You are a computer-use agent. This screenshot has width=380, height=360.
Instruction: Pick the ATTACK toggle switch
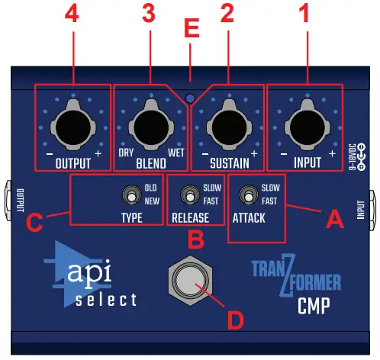[x=246, y=195]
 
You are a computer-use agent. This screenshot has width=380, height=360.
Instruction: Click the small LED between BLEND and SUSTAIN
[x=190, y=98]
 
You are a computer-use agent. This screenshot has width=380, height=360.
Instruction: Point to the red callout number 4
[x=72, y=14]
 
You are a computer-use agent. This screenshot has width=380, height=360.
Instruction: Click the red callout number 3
[x=150, y=14]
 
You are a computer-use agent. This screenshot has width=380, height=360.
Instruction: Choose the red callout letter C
[x=34, y=223]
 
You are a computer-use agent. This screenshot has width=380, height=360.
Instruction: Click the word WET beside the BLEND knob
[x=176, y=153]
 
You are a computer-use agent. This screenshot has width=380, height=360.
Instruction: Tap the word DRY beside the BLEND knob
[x=125, y=153]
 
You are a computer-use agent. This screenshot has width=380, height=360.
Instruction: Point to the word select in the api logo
[x=106, y=299]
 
